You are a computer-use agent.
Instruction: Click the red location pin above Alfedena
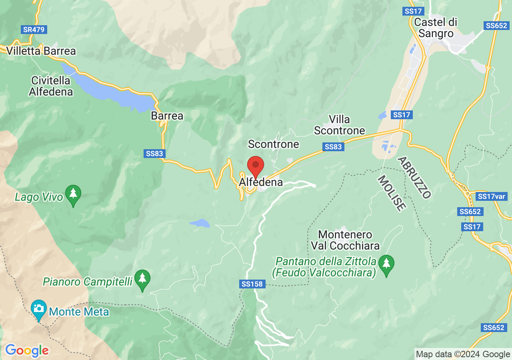click(x=256, y=166)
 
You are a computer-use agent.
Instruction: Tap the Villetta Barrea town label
click(x=41, y=51)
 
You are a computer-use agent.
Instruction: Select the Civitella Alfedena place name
click(x=51, y=86)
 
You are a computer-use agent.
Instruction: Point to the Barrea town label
click(x=167, y=116)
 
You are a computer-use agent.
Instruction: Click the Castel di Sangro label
click(x=436, y=28)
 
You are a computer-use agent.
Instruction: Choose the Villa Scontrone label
click(x=340, y=125)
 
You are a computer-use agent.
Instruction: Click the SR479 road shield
click(x=34, y=30)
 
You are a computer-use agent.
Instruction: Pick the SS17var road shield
click(x=492, y=196)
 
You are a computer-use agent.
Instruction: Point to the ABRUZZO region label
click(x=414, y=178)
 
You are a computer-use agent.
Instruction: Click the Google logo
click(x=27, y=351)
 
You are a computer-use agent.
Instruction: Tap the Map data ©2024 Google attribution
click(x=463, y=354)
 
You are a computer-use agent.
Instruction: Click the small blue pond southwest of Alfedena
click(x=200, y=223)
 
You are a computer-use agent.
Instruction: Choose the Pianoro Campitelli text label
click(x=88, y=282)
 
